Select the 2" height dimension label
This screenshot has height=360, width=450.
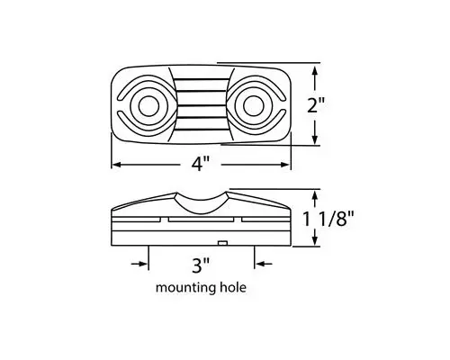[x=341, y=105]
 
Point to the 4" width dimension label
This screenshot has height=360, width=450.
[x=201, y=165]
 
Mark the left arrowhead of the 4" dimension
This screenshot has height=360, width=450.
[x=116, y=165]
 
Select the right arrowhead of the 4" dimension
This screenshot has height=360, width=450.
[x=287, y=165]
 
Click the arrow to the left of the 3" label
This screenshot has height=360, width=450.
[x=141, y=264]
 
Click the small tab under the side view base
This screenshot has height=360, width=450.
[x=221, y=244]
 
